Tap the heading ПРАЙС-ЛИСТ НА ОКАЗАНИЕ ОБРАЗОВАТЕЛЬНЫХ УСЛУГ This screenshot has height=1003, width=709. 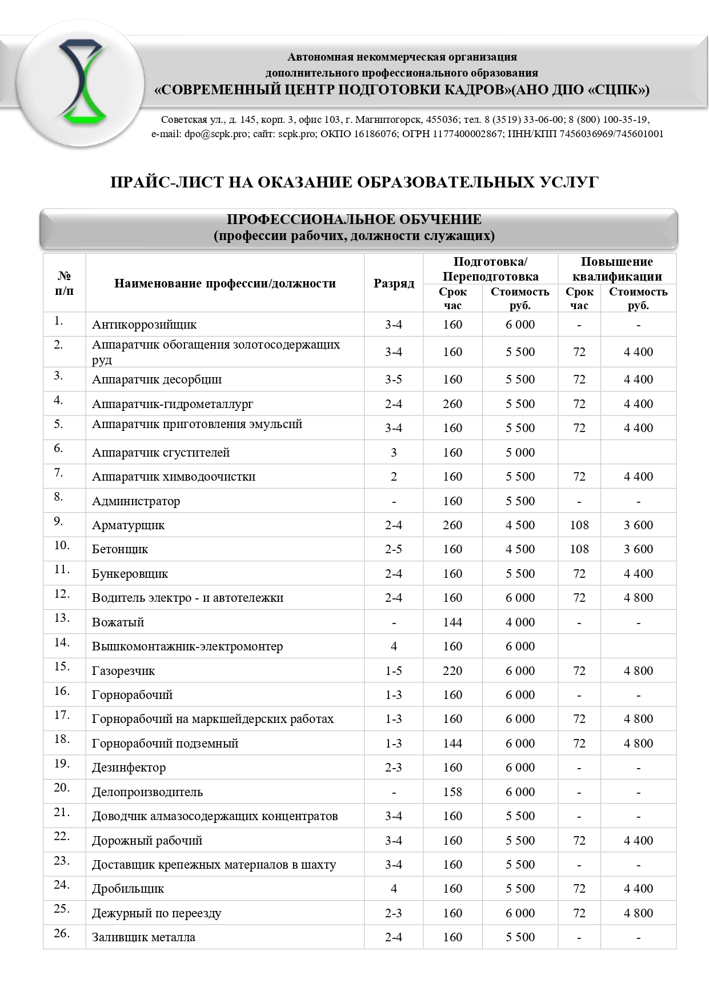354,182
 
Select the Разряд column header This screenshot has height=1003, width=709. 394,283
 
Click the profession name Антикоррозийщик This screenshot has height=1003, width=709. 144,325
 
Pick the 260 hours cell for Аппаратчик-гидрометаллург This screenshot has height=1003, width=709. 452,404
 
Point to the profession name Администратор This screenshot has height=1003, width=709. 136,501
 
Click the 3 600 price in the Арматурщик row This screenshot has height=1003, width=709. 638,525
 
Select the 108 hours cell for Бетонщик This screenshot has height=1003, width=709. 579,549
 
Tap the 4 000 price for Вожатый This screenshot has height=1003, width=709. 520,622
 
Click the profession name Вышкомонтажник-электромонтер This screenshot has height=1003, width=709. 187,646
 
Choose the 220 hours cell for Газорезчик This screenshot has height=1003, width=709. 452,671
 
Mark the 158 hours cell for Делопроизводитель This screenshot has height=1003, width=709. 452,792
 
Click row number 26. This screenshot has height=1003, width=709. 62,933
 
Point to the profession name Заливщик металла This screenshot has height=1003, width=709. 143,937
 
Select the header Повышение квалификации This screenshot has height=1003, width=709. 616,269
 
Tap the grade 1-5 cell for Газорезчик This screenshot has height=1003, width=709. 394,671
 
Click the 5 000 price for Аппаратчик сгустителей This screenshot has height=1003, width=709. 520,453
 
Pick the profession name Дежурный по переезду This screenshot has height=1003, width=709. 157,913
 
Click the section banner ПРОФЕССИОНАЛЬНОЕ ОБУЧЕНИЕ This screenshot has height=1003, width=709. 354,227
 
